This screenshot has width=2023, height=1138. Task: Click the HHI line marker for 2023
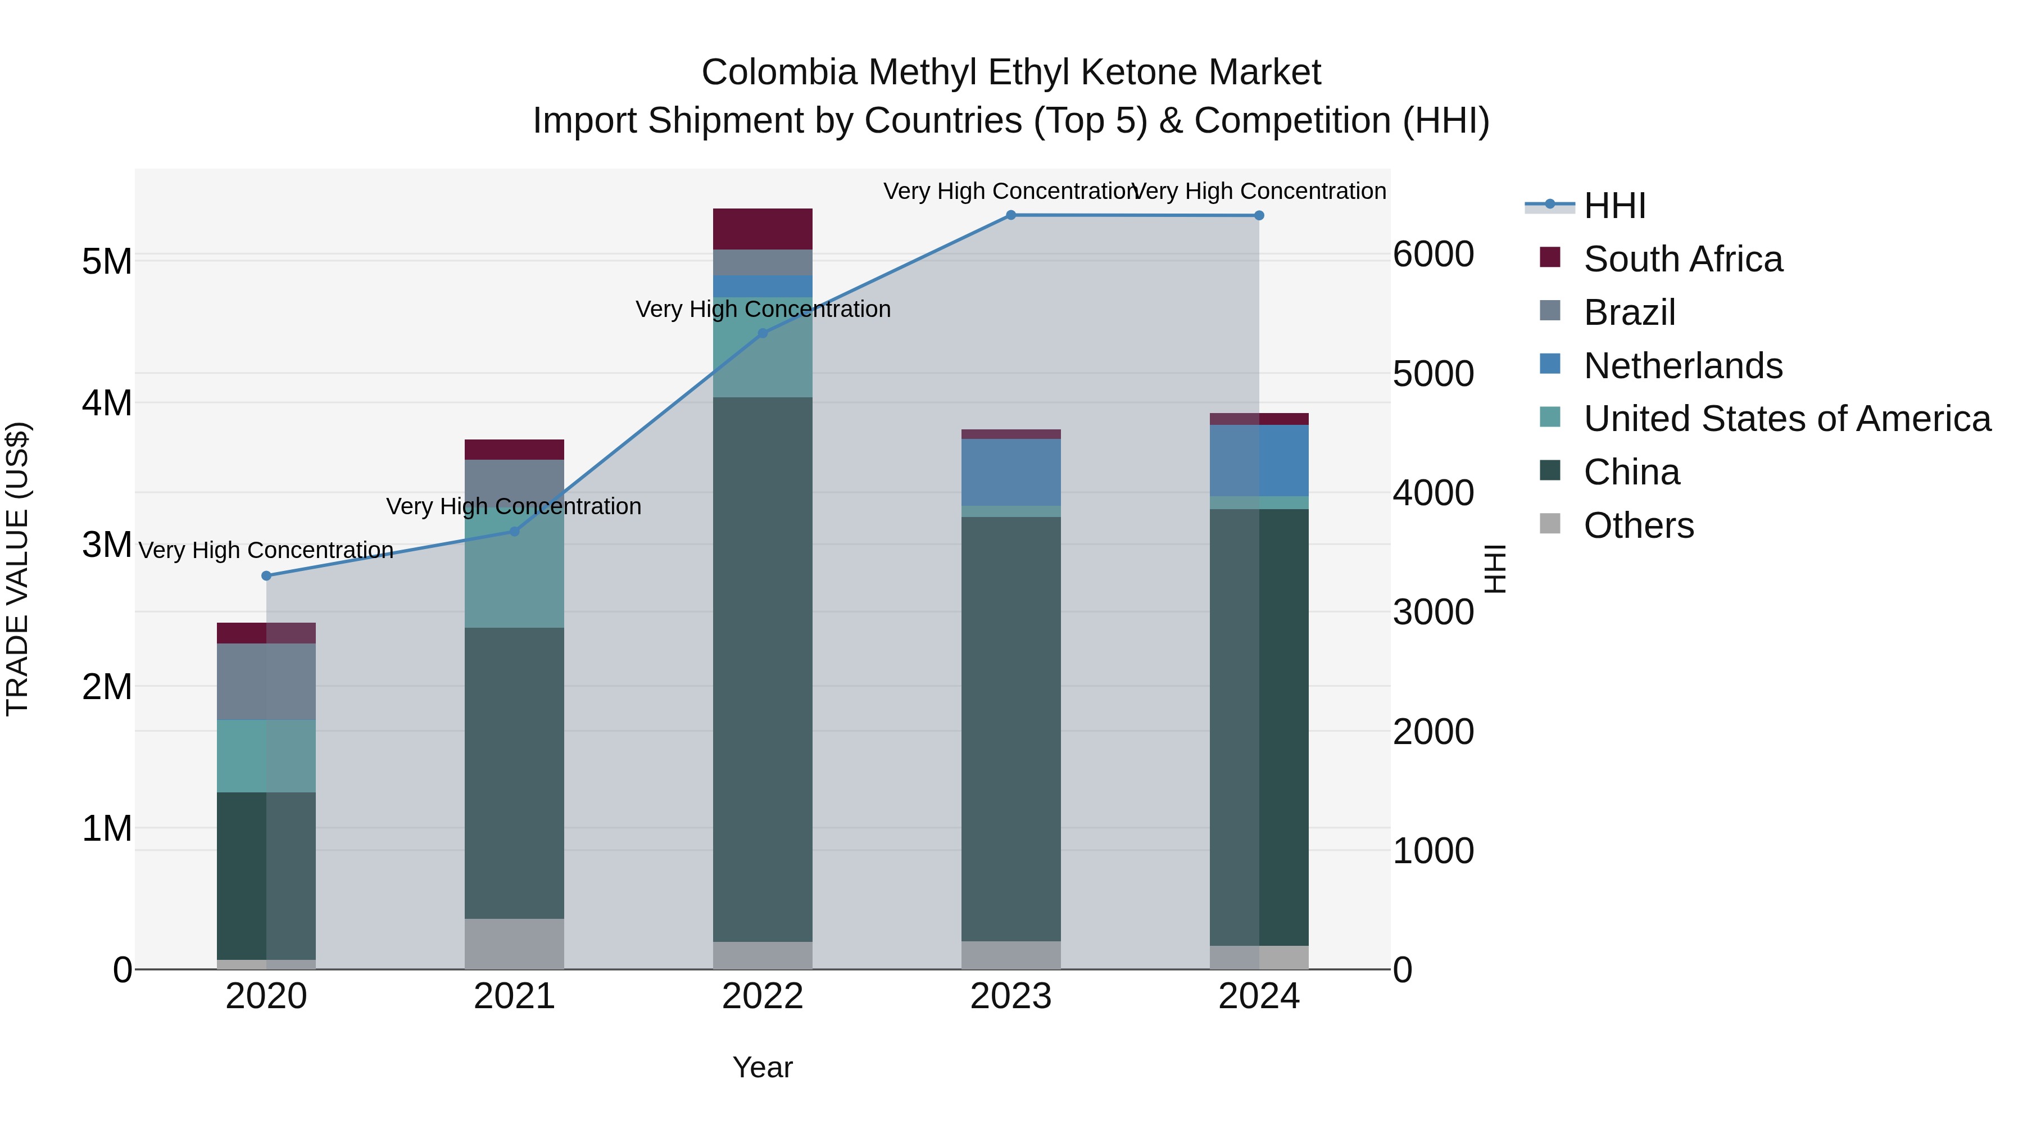(x=1011, y=215)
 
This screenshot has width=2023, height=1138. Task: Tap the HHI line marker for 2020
(x=266, y=575)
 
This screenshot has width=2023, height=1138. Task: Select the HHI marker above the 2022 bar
(x=763, y=333)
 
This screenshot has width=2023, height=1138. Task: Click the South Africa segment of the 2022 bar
(x=763, y=229)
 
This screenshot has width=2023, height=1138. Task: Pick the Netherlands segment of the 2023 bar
(x=1011, y=472)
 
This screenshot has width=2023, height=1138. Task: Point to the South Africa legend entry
(x=1682, y=259)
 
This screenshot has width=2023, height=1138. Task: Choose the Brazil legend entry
(x=1630, y=312)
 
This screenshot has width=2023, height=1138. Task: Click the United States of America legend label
(x=1786, y=419)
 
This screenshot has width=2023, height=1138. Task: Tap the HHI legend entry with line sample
(x=1586, y=206)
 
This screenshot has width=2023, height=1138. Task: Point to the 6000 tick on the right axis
(x=1433, y=255)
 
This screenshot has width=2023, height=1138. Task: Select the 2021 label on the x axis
(x=514, y=996)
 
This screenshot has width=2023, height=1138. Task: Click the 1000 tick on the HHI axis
(x=1433, y=851)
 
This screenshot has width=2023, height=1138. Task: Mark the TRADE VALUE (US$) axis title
(x=17, y=569)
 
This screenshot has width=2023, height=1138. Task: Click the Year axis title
(x=763, y=1067)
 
